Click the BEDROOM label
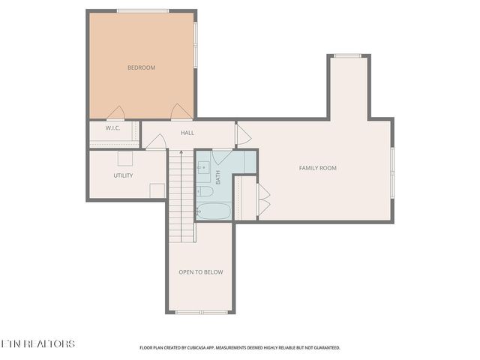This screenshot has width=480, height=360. click(x=141, y=68)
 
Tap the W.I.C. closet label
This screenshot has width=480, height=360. click(x=113, y=128)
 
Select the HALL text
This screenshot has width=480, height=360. click(x=187, y=133)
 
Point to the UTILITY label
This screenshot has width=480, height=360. click(x=123, y=175)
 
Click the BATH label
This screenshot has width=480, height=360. click(x=218, y=178)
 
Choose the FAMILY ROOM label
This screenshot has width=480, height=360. click(x=318, y=168)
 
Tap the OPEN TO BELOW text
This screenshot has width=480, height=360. click(x=200, y=272)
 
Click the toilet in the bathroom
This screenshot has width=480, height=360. click(x=205, y=191)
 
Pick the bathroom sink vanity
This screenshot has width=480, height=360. click(x=203, y=167)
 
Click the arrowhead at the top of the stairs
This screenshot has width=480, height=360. click(x=181, y=152)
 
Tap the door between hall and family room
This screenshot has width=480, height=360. click(x=243, y=134)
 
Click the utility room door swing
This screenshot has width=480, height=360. click(x=155, y=142)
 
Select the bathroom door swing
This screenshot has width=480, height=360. click(x=223, y=157)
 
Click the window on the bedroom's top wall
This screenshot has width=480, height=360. click(x=142, y=10)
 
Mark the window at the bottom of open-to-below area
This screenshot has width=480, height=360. click(x=201, y=312)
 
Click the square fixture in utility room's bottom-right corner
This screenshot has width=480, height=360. click(x=157, y=190)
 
